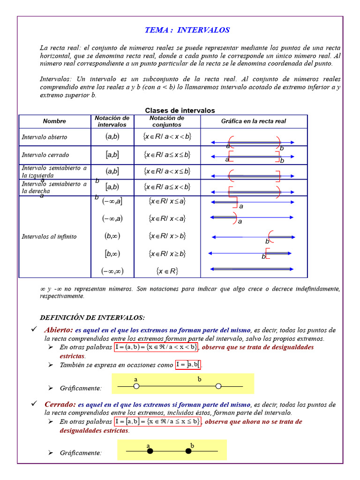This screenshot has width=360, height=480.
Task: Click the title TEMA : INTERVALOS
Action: click(x=187, y=30)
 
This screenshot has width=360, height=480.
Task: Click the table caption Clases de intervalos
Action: click(x=180, y=111)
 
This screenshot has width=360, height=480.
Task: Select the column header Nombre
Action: click(x=54, y=121)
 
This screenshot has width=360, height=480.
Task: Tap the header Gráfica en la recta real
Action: click(x=254, y=121)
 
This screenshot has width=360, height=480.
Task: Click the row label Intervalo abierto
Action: click(x=45, y=137)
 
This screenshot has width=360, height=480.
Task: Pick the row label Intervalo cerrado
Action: click(x=45, y=155)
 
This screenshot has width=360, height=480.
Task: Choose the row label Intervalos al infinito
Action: click(x=49, y=237)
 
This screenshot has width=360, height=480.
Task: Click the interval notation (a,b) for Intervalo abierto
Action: click(x=112, y=137)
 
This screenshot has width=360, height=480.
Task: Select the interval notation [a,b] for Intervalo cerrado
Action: click(x=112, y=154)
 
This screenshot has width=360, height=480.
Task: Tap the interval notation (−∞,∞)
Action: click(x=112, y=271)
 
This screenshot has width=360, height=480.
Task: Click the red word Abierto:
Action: click(x=59, y=330)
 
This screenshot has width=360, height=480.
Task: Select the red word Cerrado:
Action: click(x=60, y=404)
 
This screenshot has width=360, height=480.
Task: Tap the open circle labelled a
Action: click(x=136, y=386)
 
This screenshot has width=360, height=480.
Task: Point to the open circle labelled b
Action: click(x=218, y=386)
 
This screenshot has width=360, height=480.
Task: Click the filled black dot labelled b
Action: click(x=188, y=451)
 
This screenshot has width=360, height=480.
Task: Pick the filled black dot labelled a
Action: click(x=150, y=451)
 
